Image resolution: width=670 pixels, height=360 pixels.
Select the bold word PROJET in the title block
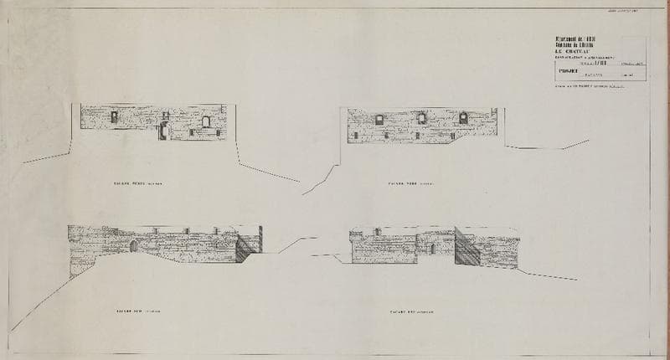(x=569, y=72)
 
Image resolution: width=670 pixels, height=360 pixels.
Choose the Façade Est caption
(x=410, y=311)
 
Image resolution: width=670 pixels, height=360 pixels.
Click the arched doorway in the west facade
(x=164, y=130)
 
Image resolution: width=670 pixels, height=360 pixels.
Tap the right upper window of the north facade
(x=459, y=120)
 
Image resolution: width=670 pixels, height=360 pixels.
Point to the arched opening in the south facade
(x=134, y=244)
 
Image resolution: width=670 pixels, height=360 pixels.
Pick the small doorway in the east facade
(x=431, y=248)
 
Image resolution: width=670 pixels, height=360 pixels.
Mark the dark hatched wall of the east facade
(x=466, y=248)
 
